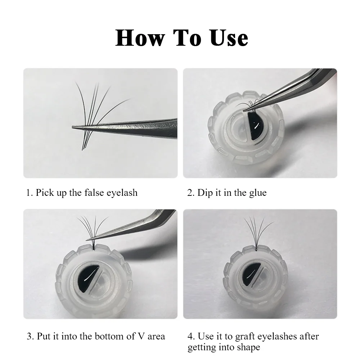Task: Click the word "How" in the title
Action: tap(140, 38)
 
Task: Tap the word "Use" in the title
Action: tap(229, 38)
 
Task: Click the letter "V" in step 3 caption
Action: tap(141, 336)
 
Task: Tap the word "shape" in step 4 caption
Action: tap(249, 347)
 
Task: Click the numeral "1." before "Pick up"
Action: tap(30, 193)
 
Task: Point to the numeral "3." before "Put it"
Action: tap(30, 336)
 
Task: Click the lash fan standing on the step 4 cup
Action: tap(257, 232)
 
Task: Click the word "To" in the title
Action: tap(187, 38)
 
